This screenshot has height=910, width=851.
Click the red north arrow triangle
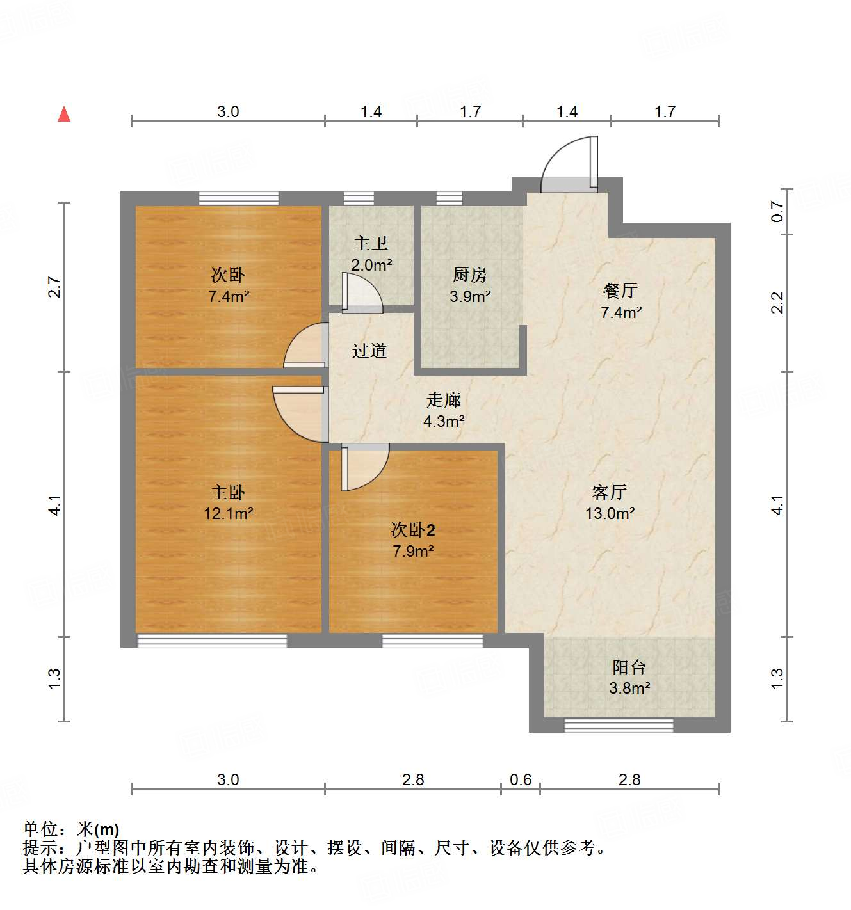(64, 115)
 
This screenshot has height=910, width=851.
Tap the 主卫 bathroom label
(371, 243)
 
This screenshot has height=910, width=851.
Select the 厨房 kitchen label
(469, 275)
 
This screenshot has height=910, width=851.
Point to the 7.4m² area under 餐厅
(621, 312)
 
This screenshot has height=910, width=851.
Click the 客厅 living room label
(609, 492)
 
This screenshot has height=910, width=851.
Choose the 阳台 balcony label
(629, 667)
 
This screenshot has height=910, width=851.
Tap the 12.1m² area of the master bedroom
(229, 513)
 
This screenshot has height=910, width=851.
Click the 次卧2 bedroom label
(413, 530)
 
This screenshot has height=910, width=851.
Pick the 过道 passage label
(369, 351)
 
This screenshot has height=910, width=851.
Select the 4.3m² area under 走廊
(444, 421)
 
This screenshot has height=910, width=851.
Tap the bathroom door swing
(361, 293)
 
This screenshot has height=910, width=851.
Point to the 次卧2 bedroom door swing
(364, 467)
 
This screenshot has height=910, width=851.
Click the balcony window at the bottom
(619, 724)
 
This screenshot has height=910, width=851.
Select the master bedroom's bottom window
(212, 640)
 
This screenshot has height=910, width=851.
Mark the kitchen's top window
(449, 197)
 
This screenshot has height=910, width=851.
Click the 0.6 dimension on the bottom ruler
(521, 779)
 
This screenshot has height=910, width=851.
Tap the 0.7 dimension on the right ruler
(777, 212)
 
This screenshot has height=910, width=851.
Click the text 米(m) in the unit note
(98, 829)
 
